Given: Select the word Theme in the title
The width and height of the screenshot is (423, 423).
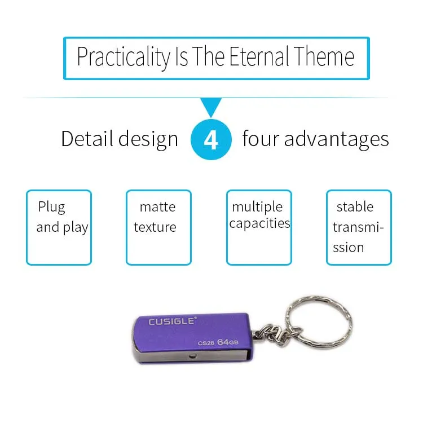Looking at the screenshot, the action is [x=324, y=56].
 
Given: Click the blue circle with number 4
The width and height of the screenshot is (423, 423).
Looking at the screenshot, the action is [x=211, y=139].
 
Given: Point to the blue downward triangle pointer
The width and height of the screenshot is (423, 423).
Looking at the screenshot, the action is [x=211, y=106].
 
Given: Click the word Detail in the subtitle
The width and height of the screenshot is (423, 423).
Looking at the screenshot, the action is [x=87, y=139].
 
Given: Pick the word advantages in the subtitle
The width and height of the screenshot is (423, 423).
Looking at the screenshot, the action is [x=336, y=139].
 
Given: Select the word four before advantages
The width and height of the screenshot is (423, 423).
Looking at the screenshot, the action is [x=261, y=139].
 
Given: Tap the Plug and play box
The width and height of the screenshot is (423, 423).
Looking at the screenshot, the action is [x=59, y=227].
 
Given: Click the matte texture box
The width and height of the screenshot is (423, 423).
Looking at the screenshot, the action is [x=158, y=227].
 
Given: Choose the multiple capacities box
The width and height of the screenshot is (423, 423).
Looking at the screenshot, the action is [x=259, y=227].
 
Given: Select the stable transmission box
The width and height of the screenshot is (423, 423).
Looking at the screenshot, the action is [x=359, y=227].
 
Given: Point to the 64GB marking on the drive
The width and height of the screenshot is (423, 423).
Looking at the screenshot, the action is [x=228, y=342].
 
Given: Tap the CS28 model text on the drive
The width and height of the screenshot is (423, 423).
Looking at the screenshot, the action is [x=206, y=343].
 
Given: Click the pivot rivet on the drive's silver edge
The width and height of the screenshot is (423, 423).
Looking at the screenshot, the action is [x=193, y=356].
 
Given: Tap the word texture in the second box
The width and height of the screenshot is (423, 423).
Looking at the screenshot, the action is [x=155, y=227].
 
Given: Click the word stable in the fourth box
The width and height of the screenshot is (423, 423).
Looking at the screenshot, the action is [x=355, y=207].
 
